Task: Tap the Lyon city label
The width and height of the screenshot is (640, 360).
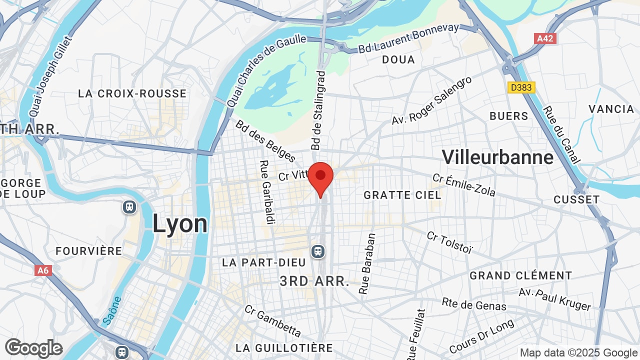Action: [180, 223]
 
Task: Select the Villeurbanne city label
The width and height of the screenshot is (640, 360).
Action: [497, 157]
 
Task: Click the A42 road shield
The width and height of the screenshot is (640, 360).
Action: [545, 38]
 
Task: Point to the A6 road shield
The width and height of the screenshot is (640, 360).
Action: [43, 270]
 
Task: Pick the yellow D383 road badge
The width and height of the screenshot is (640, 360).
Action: [521, 87]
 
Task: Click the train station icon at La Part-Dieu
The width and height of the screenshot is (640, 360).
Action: [317, 251]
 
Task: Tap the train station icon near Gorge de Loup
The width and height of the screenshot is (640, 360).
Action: [129, 206]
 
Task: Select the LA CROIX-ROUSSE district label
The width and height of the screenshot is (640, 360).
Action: [132, 93]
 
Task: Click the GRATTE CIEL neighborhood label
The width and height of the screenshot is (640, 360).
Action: [402, 195]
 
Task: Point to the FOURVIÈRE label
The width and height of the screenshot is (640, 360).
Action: [89, 251]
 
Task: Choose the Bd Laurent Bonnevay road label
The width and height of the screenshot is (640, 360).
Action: [408, 38]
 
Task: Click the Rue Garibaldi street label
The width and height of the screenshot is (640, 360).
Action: [265, 192]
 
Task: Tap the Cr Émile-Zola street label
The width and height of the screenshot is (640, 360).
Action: [464, 185]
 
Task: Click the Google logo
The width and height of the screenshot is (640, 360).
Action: [33, 348]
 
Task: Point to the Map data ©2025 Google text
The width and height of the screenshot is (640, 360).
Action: [578, 352]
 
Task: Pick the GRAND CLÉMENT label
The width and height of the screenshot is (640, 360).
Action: [520, 275]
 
